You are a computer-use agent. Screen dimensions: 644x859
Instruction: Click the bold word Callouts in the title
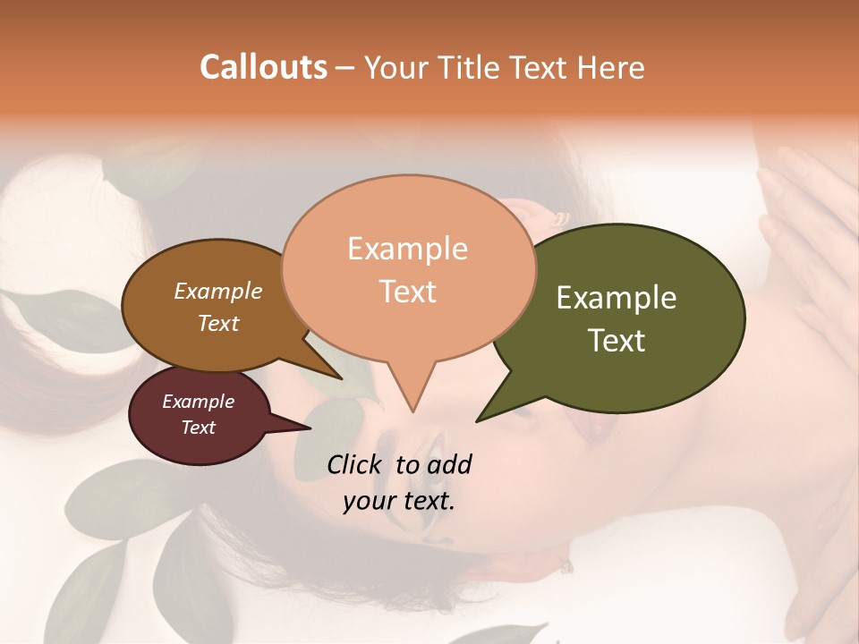tap(263, 67)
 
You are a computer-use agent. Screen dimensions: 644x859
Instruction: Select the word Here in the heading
tap(612, 67)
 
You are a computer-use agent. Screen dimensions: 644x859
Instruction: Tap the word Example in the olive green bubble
tap(617, 298)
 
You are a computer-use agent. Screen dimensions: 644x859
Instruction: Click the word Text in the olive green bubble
tap(617, 340)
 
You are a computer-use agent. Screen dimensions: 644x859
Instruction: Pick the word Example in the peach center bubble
tap(407, 249)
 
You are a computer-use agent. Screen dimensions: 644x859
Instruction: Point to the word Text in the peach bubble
tap(407, 292)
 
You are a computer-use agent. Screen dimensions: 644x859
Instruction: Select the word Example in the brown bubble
tap(218, 291)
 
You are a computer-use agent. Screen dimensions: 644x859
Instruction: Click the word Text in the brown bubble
tap(218, 323)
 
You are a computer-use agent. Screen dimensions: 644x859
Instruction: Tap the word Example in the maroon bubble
tap(199, 402)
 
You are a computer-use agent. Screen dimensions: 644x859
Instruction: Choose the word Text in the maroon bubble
tap(199, 428)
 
